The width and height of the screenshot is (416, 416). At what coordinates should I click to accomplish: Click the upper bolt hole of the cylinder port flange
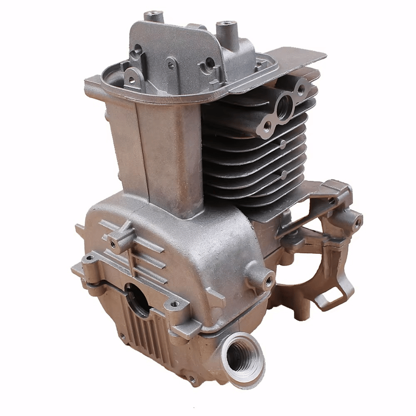pos(300,88)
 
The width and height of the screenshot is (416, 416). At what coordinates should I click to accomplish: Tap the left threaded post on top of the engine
pos(154,16)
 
